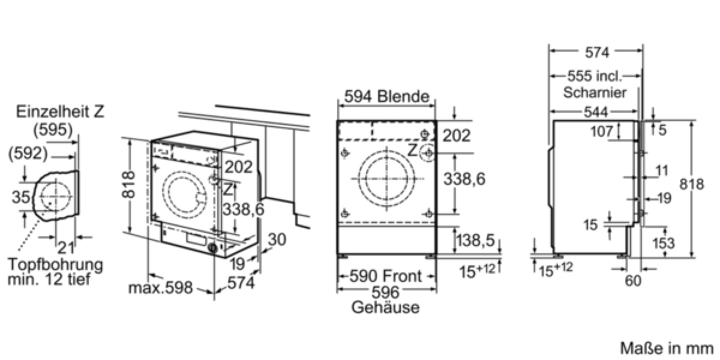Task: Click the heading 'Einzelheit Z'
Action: point(60,112)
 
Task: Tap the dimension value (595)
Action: point(53,130)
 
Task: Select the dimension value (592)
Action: point(28,154)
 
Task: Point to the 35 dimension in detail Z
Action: point(21,197)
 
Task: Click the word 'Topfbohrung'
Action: point(55,265)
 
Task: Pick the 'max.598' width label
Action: point(160,287)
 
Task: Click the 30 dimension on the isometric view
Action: point(277,239)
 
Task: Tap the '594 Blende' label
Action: point(386,96)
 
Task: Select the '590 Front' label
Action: point(385,276)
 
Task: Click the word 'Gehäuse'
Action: point(385,307)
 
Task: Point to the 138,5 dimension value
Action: point(476,240)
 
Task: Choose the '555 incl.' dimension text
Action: point(595,76)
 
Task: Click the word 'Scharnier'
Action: point(595,92)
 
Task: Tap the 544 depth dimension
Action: point(596,112)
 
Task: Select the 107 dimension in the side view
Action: point(602,131)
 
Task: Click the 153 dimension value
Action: point(664,243)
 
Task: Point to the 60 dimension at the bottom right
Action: point(633,281)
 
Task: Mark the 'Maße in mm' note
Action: point(667,349)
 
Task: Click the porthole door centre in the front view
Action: point(386,179)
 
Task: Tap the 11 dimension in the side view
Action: point(661,170)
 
